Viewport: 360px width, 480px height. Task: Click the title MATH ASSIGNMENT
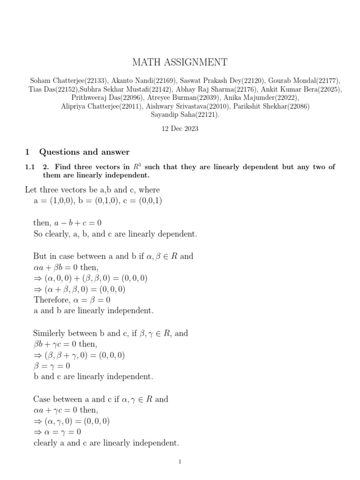click(x=180, y=62)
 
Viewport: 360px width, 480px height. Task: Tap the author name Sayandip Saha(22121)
click(x=180, y=114)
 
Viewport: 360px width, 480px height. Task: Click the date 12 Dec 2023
click(x=180, y=129)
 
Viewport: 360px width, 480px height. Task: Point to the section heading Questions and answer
click(x=84, y=152)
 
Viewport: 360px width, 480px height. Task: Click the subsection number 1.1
click(x=30, y=167)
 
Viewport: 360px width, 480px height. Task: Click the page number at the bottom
click(x=180, y=462)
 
